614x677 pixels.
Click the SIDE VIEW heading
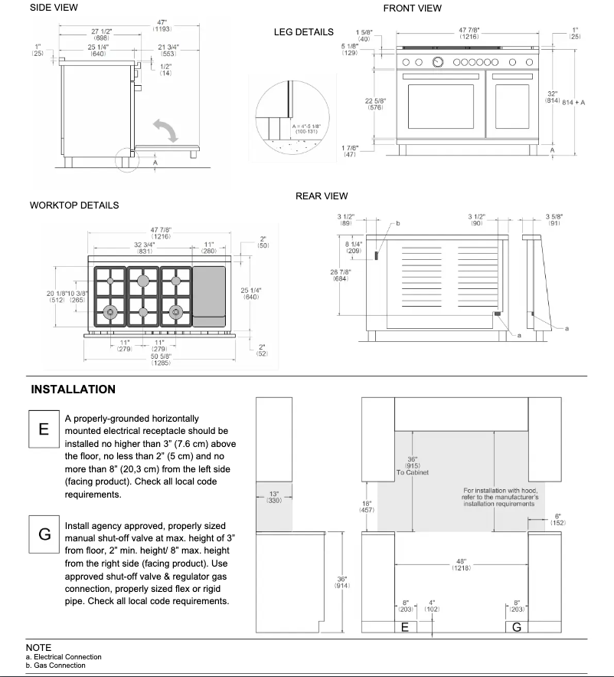coord(54,8)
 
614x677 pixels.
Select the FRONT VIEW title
coord(412,8)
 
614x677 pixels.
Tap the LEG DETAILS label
coord(303,32)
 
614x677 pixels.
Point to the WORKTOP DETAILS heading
coord(73,205)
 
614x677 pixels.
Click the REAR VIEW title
coord(322,196)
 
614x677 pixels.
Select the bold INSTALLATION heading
coord(73,389)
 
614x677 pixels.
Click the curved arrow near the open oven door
coord(166,130)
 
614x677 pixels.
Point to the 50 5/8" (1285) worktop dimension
coord(160,359)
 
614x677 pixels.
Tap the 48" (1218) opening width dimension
coord(461,565)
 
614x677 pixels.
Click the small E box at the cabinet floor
coord(405,627)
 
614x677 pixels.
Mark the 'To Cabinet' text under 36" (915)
coord(413,472)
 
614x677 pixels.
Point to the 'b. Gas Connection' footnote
coord(55,665)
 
